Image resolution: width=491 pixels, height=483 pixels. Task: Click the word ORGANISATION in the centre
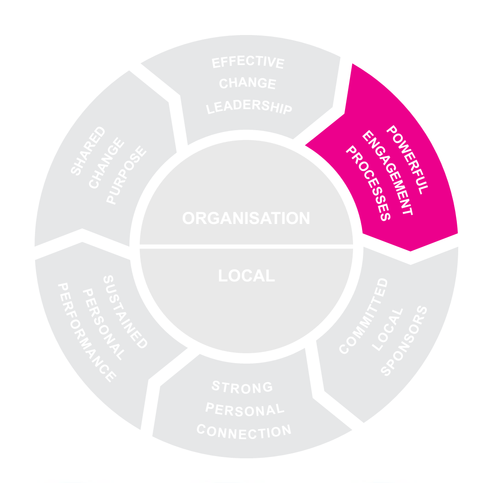[x=246, y=218]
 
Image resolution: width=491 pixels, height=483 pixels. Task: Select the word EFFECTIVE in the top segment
[x=248, y=62]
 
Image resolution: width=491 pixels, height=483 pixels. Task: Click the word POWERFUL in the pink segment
[x=407, y=160]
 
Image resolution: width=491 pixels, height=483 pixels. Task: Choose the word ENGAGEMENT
[x=387, y=172]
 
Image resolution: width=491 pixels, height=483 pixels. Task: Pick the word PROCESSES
[x=368, y=183]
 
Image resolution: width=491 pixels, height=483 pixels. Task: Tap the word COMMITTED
[x=363, y=316]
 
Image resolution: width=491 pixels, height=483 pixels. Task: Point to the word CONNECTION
[x=244, y=431]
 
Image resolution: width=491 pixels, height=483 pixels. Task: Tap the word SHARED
[x=88, y=150]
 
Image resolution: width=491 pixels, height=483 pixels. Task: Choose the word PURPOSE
[x=127, y=175]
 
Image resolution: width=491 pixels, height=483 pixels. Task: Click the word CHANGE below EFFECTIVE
[x=248, y=83]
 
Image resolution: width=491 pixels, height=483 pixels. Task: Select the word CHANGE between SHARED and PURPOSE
[x=107, y=163]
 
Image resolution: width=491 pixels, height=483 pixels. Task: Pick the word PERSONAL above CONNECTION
[x=245, y=409]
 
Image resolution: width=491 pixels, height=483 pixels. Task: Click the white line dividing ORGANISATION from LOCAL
[x=246, y=246]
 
